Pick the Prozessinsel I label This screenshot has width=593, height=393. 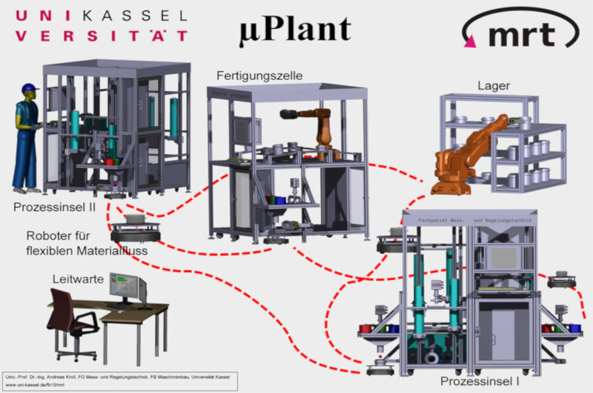coord(480,381)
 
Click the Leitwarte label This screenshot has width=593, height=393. coord(76,280)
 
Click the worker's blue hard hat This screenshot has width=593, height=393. coord(29,90)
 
